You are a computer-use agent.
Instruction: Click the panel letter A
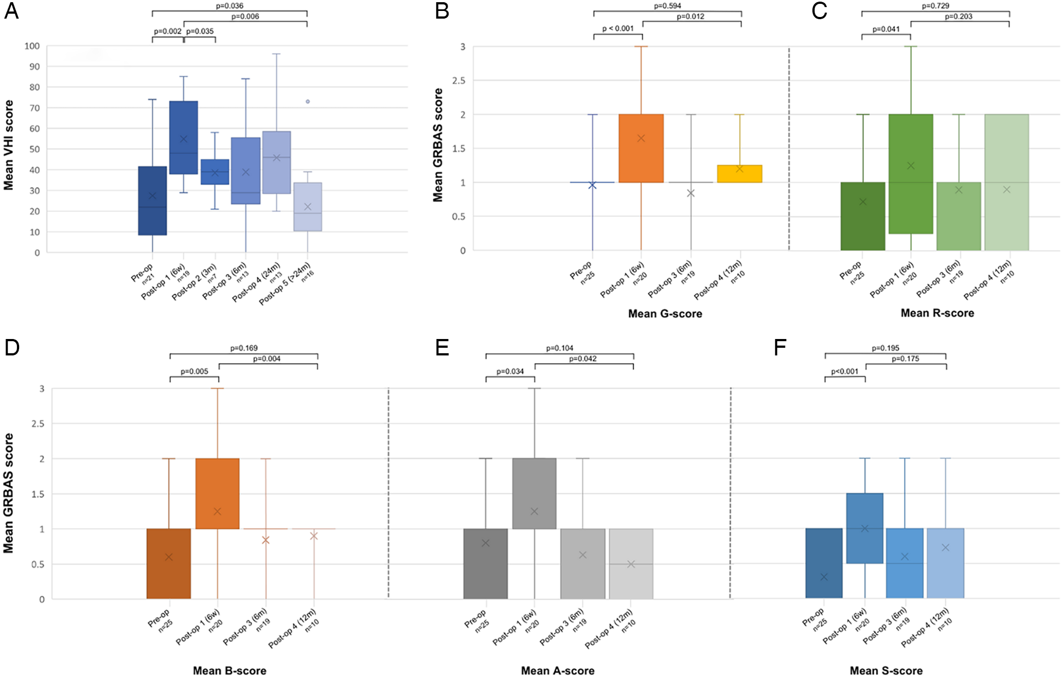click(x=11, y=11)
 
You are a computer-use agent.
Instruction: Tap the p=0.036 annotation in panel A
click(x=230, y=6)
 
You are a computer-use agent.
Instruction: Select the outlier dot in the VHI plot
click(x=308, y=101)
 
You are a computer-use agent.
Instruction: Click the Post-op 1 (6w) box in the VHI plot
click(x=184, y=137)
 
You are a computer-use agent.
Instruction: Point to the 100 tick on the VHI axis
click(x=32, y=46)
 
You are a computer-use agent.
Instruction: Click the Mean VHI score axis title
click(x=8, y=145)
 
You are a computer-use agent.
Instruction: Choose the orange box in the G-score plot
click(x=641, y=148)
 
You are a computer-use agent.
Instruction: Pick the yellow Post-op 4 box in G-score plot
click(x=740, y=174)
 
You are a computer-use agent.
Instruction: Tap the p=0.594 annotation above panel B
click(x=667, y=6)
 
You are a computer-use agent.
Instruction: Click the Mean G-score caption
click(x=665, y=314)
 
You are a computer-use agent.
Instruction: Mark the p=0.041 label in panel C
click(x=886, y=29)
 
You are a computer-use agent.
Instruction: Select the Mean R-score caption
click(x=937, y=313)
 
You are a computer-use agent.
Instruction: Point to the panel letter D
click(x=12, y=348)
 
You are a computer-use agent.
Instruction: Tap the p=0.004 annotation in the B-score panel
click(x=267, y=359)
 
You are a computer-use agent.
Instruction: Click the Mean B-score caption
click(x=230, y=671)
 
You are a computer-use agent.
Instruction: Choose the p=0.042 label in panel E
click(x=583, y=359)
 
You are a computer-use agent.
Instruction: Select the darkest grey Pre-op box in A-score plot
click(x=485, y=564)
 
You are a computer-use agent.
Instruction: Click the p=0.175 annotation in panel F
click(x=905, y=359)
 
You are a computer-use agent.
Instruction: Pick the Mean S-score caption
click(x=886, y=671)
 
